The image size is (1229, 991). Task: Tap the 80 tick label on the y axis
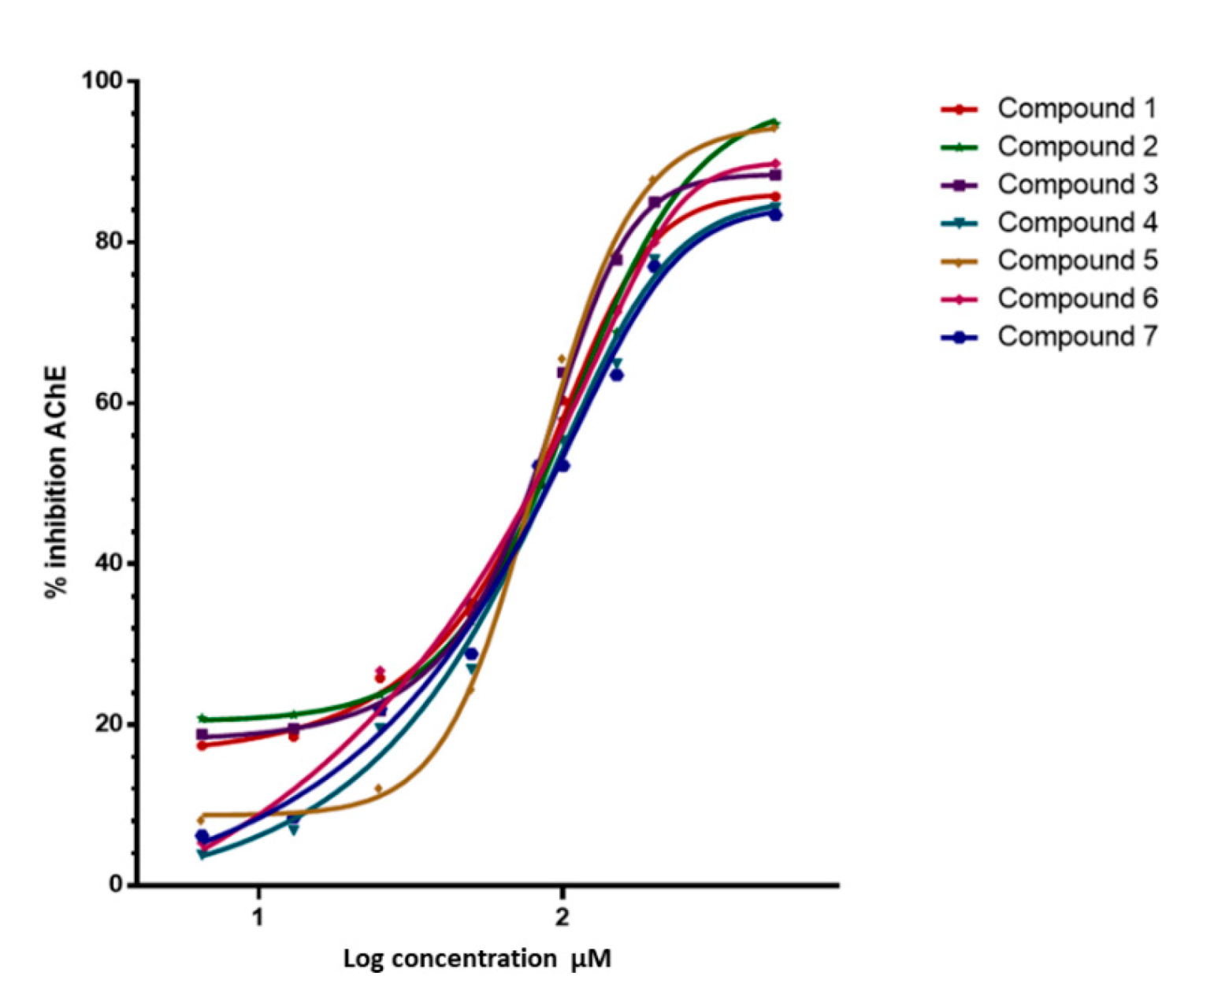[109, 242]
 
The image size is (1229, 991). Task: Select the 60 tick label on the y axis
[109, 402]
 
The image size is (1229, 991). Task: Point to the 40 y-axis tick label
[109, 564]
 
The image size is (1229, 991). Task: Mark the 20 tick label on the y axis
[109, 724]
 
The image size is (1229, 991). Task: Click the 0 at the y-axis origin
[116, 885]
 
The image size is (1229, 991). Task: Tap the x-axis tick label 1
[258, 918]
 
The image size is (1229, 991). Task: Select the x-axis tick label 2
[561, 918]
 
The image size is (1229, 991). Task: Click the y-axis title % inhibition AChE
[55, 482]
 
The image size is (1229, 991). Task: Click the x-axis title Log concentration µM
[477, 960]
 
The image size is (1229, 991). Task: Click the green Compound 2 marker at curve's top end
[774, 122]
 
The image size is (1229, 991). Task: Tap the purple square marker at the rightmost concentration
[775, 175]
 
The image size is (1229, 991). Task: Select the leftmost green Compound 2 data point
[202, 718]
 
